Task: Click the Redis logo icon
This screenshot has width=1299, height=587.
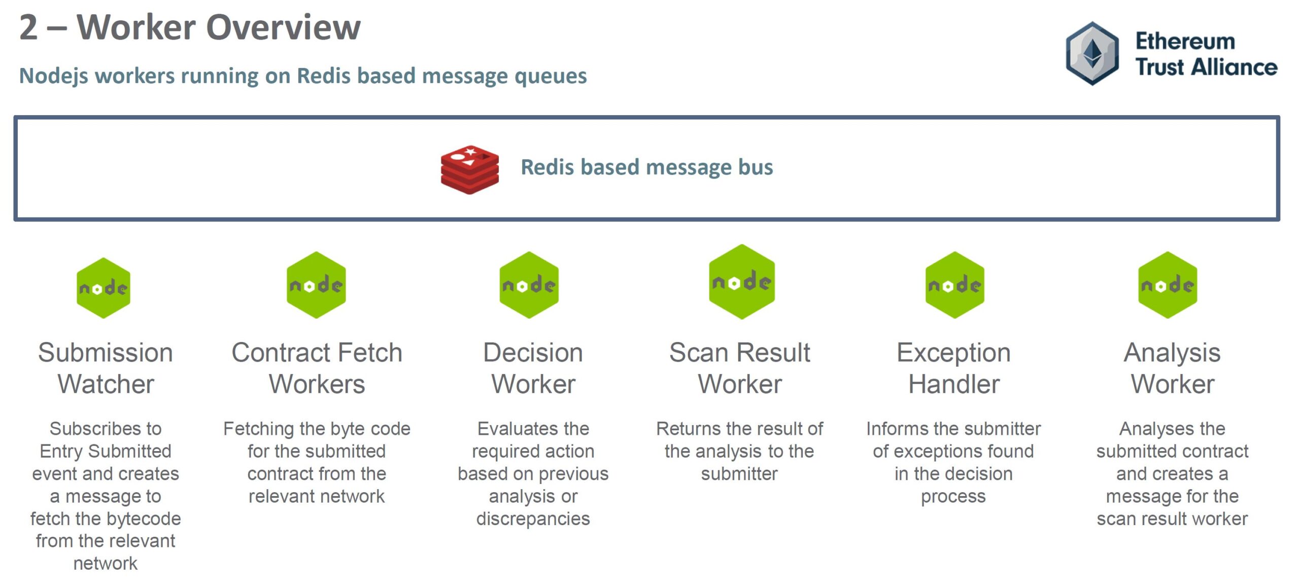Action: click(x=469, y=169)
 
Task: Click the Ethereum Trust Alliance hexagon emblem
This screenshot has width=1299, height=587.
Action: click(x=1092, y=53)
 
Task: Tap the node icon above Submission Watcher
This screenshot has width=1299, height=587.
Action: click(x=104, y=288)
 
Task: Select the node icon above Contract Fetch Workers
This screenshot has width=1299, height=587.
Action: click(x=316, y=285)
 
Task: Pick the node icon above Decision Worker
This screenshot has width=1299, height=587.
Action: click(x=529, y=285)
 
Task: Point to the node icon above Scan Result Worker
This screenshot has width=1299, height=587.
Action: click(x=742, y=282)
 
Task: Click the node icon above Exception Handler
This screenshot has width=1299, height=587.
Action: click(x=955, y=285)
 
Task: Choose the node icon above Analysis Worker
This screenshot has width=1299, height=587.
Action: click(x=1168, y=285)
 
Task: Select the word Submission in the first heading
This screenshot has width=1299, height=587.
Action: click(x=106, y=353)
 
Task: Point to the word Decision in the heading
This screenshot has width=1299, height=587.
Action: click(x=533, y=353)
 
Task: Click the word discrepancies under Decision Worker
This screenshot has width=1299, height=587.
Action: click(x=533, y=519)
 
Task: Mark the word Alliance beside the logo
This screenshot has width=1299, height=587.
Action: click(x=1234, y=67)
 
